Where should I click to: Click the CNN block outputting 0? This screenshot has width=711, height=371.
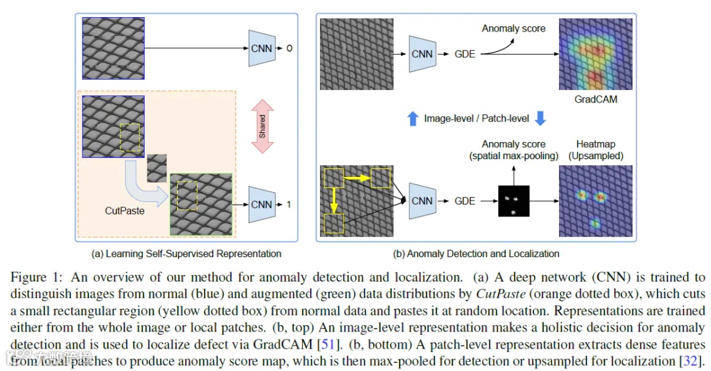(x=261, y=47)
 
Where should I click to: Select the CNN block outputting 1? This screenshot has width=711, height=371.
(x=261, y=205)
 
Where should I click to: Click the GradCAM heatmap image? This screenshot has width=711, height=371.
(x=595, y=55)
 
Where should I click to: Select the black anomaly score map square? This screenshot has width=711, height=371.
(x=513, y=201)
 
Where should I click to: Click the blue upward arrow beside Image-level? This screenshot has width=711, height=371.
(x=412, y=119)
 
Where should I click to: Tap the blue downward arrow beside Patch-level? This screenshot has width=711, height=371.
(x=540, y=119)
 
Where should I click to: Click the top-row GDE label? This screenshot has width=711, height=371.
(x=465, y=54)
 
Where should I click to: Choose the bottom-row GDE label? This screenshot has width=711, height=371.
(x=465, y=201)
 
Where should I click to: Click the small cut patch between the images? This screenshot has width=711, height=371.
(x=157, y=166)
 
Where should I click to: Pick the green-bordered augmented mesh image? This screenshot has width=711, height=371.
(x=201, y=205)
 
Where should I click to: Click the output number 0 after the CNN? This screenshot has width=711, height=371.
(x=288, y=47)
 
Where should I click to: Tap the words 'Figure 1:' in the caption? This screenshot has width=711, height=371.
(x=30, y=278)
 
